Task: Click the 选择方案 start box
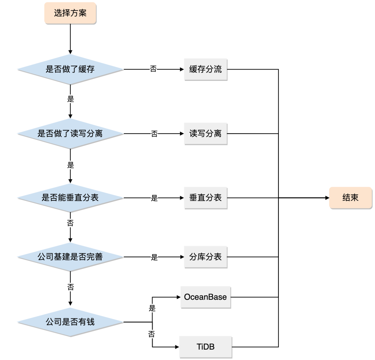tap(70, 14)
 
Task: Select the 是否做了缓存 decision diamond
tap(70, 69)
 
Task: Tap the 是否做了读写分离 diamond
tap(70, 134)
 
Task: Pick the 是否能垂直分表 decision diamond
tap(70, 198)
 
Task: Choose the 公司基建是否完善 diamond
tap(70, 257)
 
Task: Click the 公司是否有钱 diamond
tap(70, 322)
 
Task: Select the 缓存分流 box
tap(206, 69)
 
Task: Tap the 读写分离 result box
tap(206, 134)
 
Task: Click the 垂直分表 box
tap(206, 198)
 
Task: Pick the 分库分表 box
tap(206, 257)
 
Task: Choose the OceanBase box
tap(206, 297)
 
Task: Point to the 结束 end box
tap(350, 198)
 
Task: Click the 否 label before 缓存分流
tap(153, 69)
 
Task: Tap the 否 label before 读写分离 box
tap(154, 134)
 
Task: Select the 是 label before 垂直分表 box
tap(154, 198)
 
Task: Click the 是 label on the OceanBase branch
tap(152, 308)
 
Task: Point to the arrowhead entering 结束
tap(327, 198)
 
